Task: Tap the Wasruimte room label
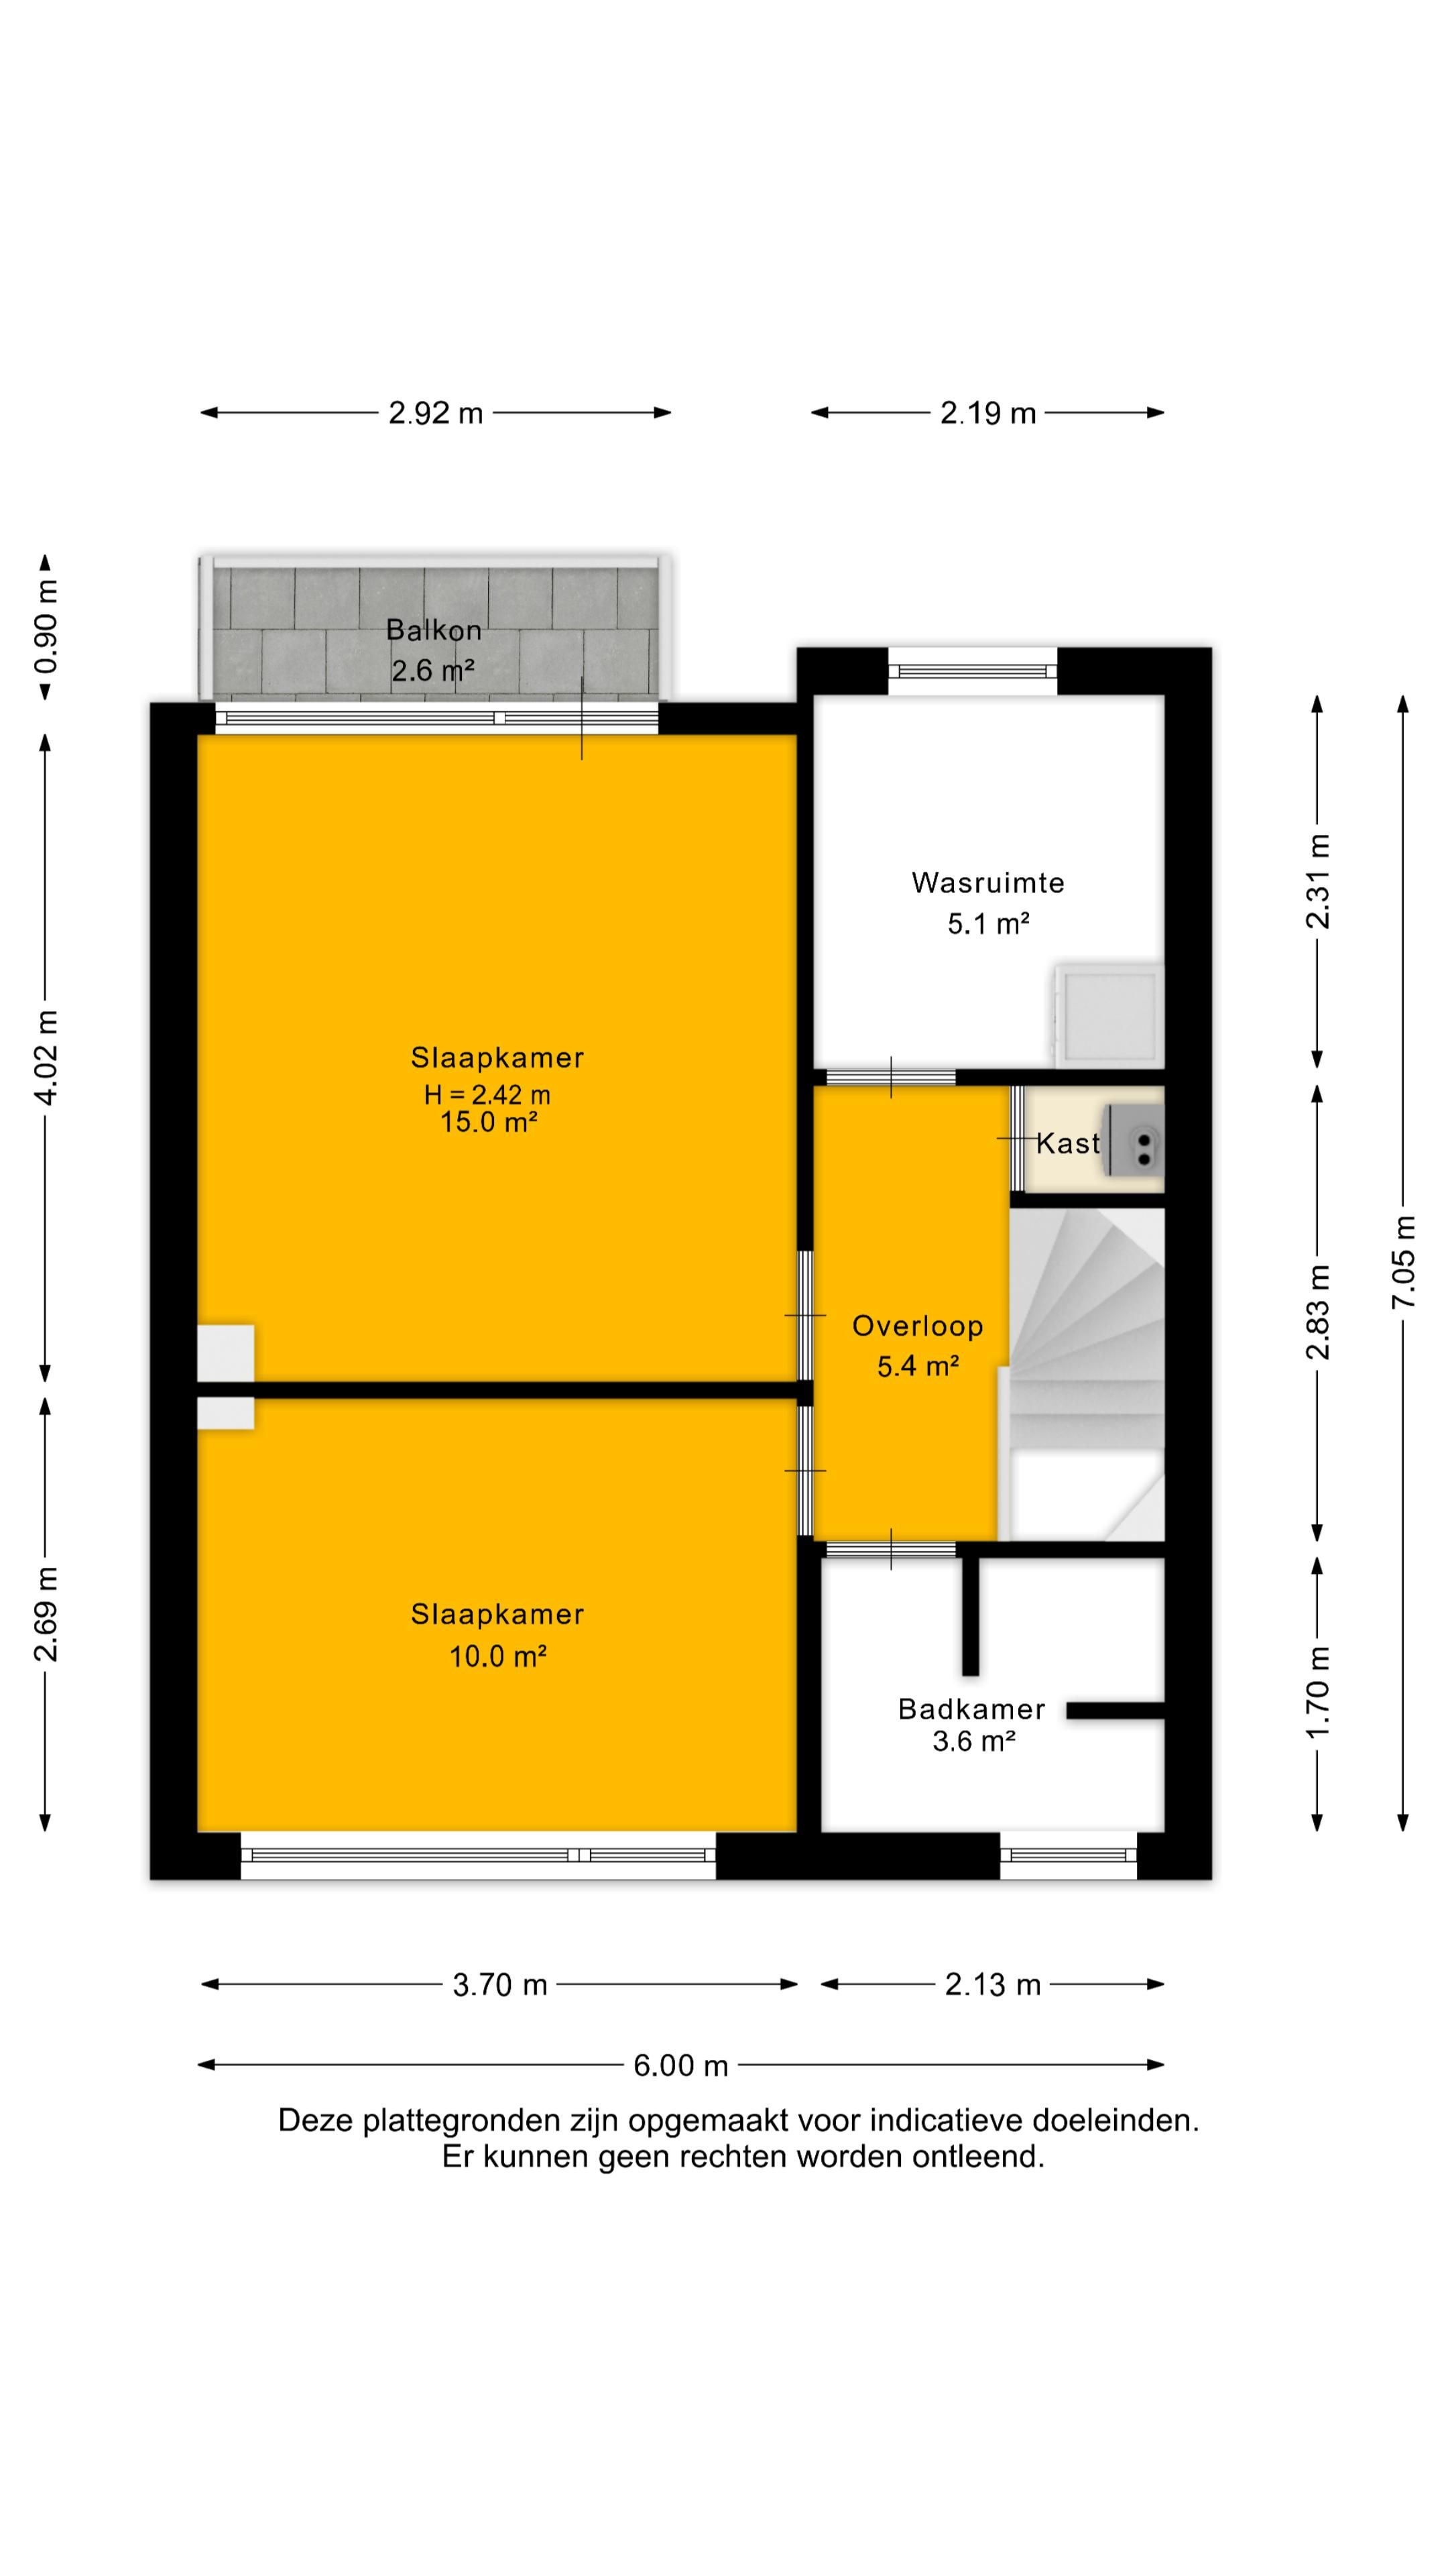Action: click(987, 882)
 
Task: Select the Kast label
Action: click(1067, 1143)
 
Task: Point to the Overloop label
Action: click(917, 1326)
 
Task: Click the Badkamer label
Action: click(971, 1709)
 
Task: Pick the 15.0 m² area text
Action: click(489, 1122)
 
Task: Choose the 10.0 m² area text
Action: click(497, 1656)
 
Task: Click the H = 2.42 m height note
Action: click(487, 1094)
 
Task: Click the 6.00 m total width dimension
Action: click(680, 2065)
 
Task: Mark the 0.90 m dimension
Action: click(45, 627)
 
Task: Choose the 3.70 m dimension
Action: click(499, 1984)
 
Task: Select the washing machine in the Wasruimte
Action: click(1108, 1015)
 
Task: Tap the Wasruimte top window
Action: click(972, 672)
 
